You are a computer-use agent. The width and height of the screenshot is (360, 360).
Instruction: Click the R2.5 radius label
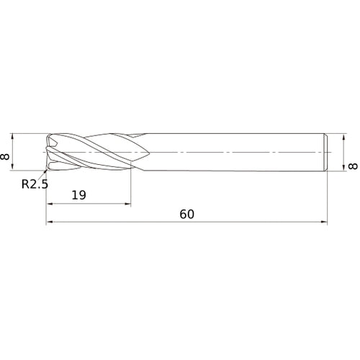click(x=35, y=184)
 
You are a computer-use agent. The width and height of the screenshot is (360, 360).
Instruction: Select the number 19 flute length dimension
click(x=79, y=195)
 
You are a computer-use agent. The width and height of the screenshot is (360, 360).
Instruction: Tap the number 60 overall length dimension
click(x=187, y=215)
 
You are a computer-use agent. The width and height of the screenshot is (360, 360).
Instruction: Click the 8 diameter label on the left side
click(x=6, y=153)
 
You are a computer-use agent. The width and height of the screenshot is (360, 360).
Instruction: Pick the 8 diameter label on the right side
click(x=351, y=166)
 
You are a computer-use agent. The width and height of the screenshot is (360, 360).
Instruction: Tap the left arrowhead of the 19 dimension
click(x=50, y=204)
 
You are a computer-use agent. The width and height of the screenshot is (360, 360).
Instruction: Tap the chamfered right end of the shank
click(x=328, y=153)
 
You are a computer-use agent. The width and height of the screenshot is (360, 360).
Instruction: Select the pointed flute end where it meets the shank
click(x=146, y=153)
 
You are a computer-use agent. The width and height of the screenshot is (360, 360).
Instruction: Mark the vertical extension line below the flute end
click(x=131, y=187)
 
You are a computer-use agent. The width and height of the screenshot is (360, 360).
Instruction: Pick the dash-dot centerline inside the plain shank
click(x=238, y=153)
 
